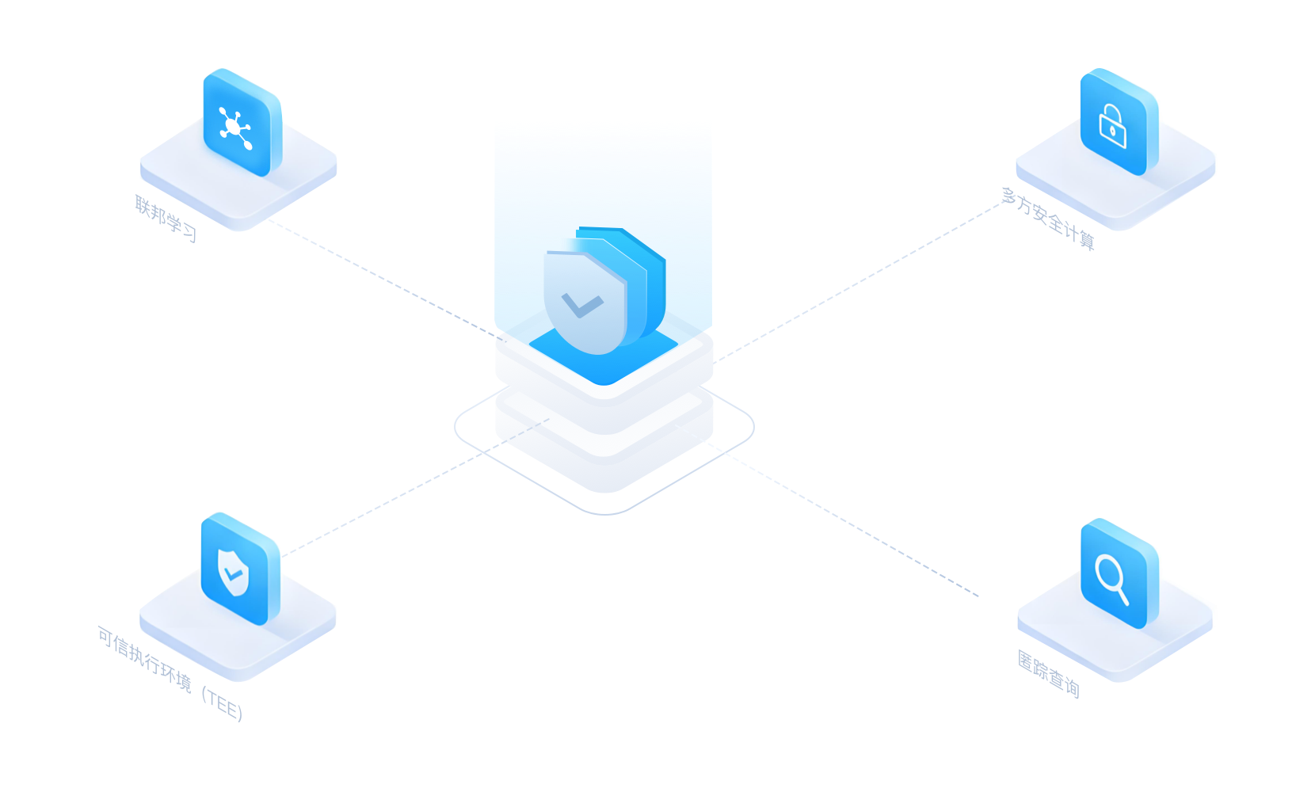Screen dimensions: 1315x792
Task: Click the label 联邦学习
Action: click(x=166, y=219)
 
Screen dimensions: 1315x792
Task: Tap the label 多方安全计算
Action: click(x=1049, y=219)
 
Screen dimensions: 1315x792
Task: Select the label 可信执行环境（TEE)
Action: click(x=170, y=673)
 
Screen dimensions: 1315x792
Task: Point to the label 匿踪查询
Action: click(x=1049, y=674)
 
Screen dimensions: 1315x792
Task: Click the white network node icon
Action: click(x=235, y=128)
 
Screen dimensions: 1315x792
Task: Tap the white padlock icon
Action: click(x=1112, y=126)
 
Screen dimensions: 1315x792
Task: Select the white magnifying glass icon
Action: click(x=1111, y=578)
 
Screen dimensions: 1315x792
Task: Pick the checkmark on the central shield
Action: click(x=581, y=306)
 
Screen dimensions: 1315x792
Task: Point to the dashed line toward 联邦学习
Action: click(x=387, y=280)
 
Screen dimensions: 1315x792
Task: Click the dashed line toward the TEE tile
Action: click(x=416, y=487)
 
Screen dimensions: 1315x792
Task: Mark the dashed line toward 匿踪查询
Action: click(x=826, y=510)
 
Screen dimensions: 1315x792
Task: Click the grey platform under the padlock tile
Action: click(x=1115, y=176)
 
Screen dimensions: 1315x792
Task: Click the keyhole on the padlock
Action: click(x=1112, y=131)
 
